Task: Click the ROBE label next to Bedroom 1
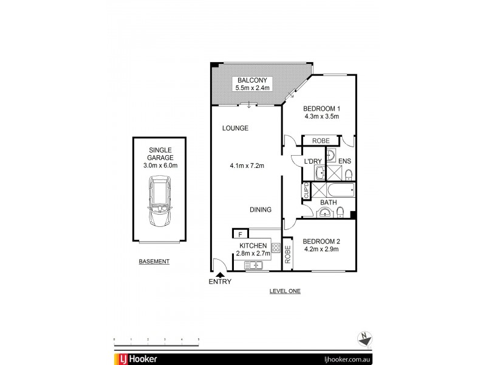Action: (320, 141)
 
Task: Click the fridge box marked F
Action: (241, 234)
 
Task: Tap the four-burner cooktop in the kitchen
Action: (275, 248)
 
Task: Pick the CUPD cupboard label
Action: (306, 191)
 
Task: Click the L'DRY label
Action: (303, 161)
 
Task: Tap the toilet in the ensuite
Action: (348, 175)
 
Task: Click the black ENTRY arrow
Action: (220, 275)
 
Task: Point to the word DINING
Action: (260, 210)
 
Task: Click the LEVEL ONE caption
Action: (285, 291)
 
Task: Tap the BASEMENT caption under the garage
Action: (154, 261)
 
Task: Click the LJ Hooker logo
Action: (135, 359)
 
